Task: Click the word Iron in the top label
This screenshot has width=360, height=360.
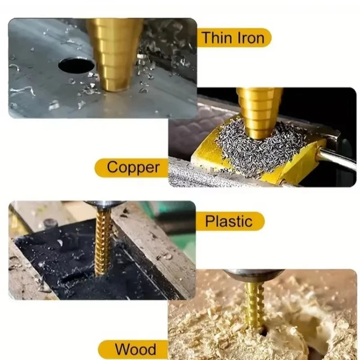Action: pos(251,38)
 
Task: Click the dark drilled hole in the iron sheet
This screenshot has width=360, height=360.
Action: pos(76,65)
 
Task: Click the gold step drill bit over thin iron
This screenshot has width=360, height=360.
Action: pos(115,54)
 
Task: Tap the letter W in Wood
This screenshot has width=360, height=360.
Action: pos(122,350)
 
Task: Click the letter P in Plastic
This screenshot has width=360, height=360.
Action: pos(209,221)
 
